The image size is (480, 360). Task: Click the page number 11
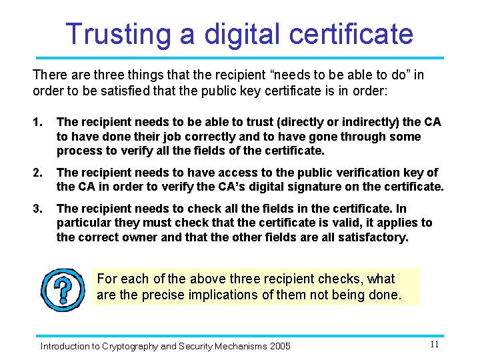[434, 345]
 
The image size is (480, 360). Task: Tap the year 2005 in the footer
[280, 346]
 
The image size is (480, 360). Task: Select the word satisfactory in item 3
[373, 237]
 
